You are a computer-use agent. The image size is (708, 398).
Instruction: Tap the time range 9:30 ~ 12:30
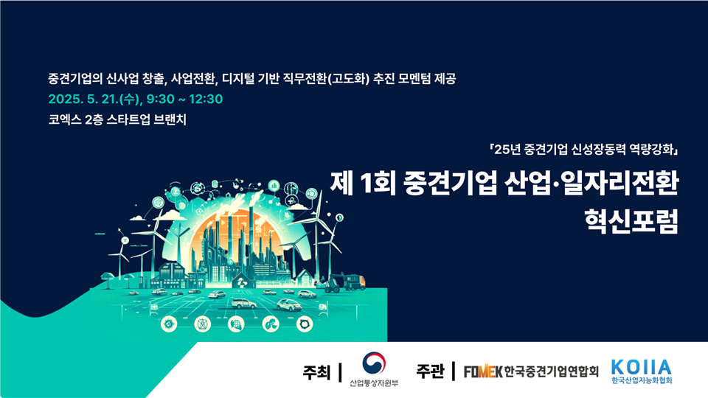click(x=184, y=99)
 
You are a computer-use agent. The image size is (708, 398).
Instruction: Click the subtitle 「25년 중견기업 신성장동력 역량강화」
click(x=584, y=150)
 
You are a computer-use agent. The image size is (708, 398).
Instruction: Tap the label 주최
click(x=316, y=373)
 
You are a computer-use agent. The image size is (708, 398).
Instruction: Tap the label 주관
click(x=430, y=371)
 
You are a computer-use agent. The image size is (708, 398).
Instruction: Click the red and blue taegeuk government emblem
click(x=374, y=363)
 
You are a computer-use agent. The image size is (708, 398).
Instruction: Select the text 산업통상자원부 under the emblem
click(x=374, y=383)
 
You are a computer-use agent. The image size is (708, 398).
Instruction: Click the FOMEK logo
click(x=483, y=371)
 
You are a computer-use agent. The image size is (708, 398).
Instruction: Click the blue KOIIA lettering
click(x=642, y=367)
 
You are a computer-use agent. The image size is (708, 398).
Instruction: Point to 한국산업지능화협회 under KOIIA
click(x=642, y=380)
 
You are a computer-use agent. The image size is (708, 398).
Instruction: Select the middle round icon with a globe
click(x=236, y=324)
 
